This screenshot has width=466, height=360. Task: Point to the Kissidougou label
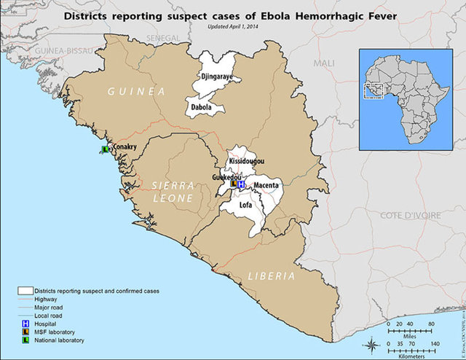click(x=246, y=160)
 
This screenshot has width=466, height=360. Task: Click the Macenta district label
click(x=266, y=186)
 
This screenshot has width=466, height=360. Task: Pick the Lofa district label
click(x=246, y=206)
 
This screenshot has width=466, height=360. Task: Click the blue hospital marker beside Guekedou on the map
click(x=241, y=185)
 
